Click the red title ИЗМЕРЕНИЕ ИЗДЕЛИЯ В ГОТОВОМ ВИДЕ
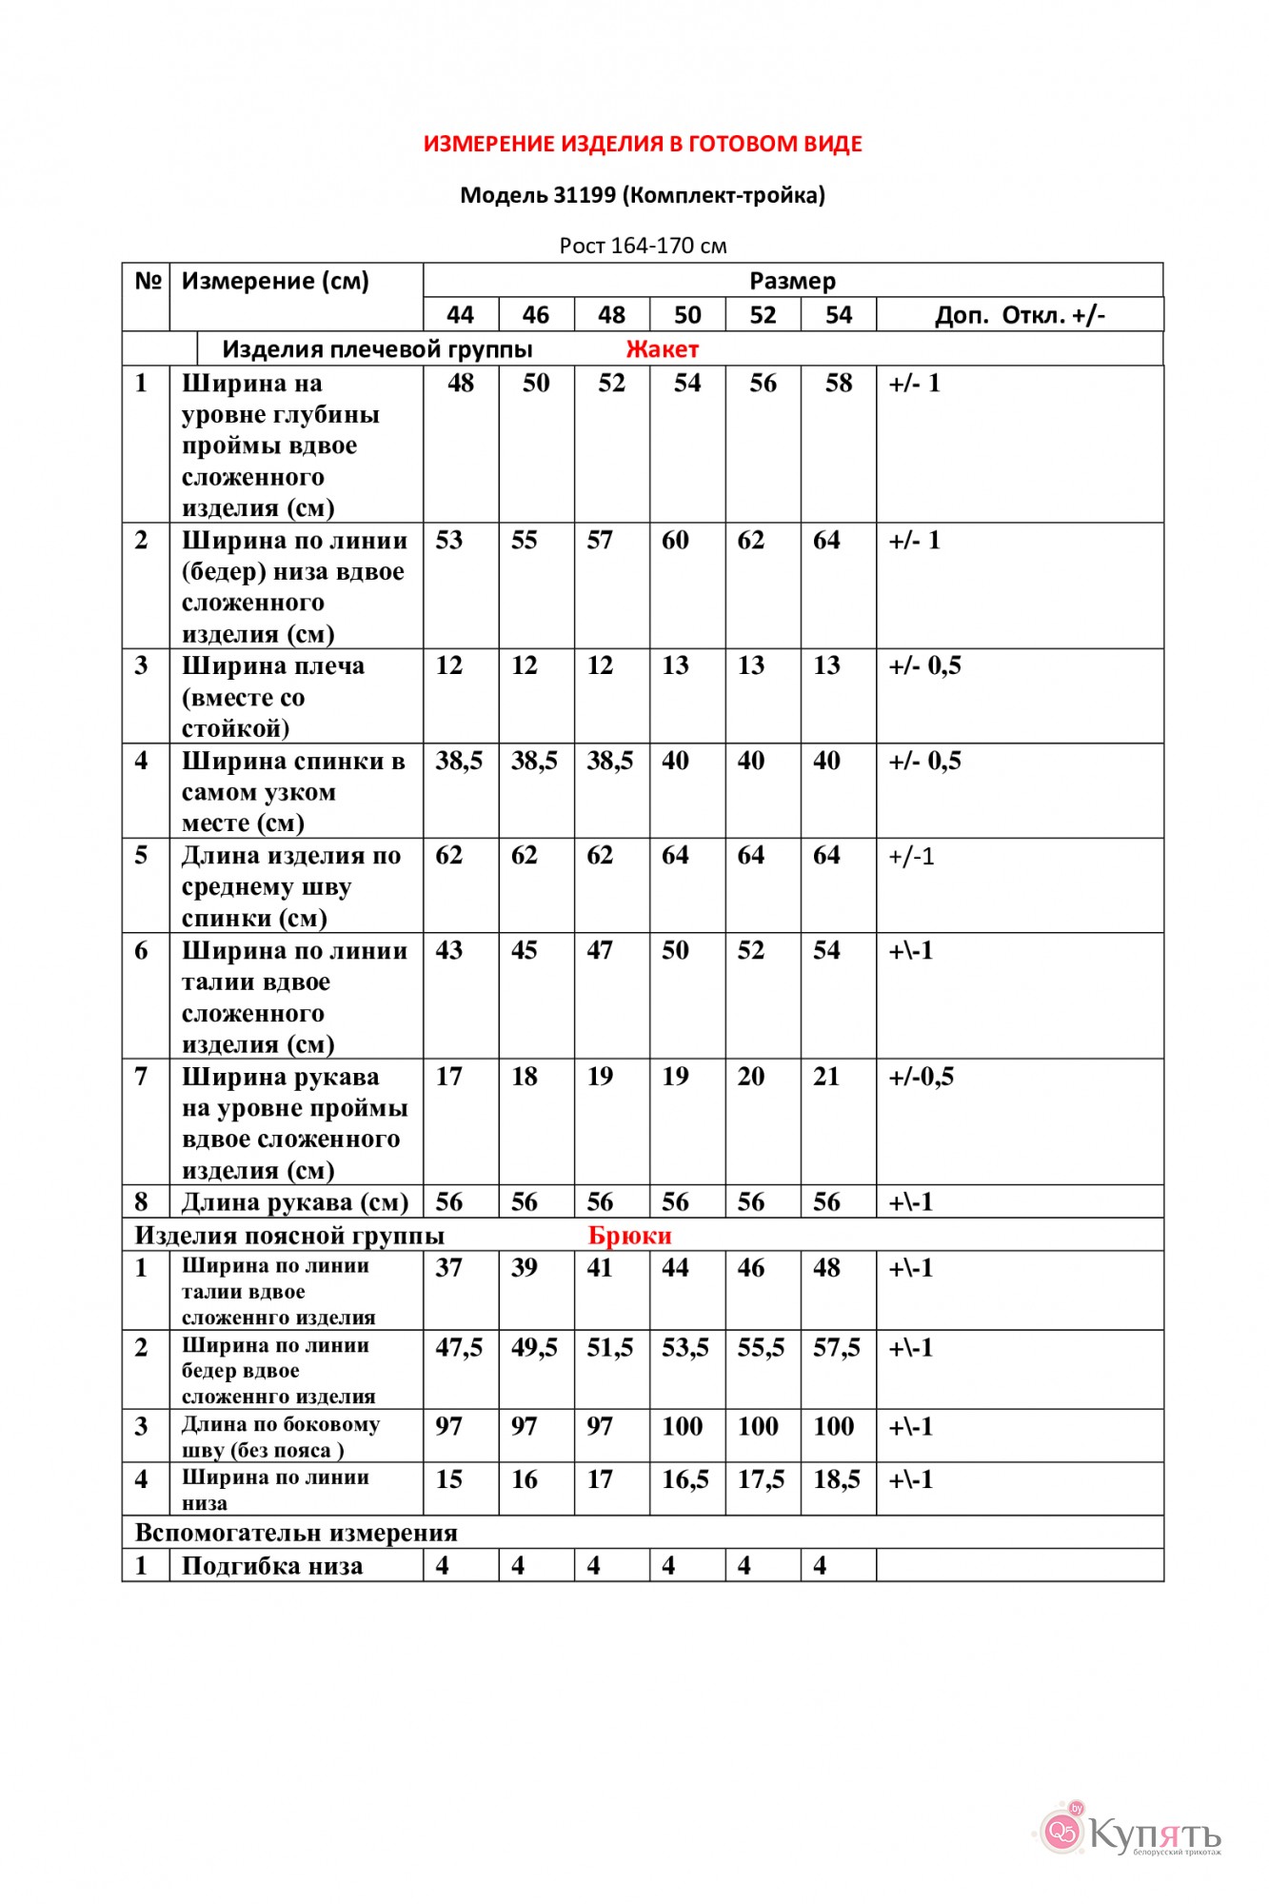pos(643,144)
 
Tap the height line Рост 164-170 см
pos(643,246)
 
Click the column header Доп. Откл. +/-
pos(1020,315)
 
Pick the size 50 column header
pos(687,315)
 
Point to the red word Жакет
pos(662,349)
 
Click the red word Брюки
pos(629,1236)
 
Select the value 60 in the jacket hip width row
pos(675,541)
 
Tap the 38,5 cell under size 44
pos(459,761)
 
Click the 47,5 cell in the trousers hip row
pos(459,1348)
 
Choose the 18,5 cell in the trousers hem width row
pos(837,1479)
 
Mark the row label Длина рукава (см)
pos(295,1202)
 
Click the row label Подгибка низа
pos(272,1566)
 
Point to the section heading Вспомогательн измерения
pos(296,1533)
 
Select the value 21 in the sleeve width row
pos(826,1077)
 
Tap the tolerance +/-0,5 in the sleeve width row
pos(921,1077)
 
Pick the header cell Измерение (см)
pos(275,282)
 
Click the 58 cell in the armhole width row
pos(838,384)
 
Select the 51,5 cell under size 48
pos(610,1348)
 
